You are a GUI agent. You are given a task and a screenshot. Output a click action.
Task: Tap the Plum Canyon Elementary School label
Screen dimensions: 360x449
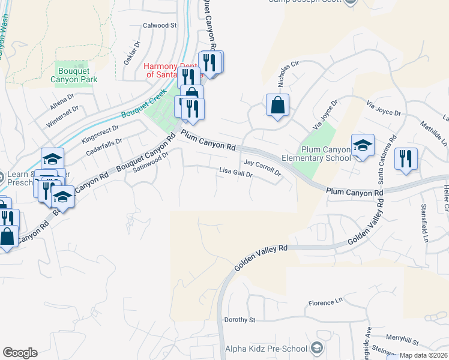[x=326, y=154]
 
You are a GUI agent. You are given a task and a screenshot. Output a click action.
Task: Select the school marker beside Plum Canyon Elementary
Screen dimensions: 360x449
[x=363, y=146]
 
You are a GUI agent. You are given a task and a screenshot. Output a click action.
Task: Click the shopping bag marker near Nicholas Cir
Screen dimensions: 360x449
[x=277, y=106]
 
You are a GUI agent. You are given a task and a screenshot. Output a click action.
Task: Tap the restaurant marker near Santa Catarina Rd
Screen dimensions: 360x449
[x=406, y=160]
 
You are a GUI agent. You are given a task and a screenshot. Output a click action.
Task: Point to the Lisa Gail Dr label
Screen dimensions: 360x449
[x=236, y=173]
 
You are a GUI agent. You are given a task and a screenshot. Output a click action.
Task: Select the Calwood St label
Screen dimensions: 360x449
[x=160, y=26]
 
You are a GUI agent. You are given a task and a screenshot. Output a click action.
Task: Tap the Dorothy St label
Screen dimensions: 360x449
[x=240, y=320]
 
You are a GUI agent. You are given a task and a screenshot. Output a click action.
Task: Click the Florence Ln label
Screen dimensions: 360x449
[x=325, y=304]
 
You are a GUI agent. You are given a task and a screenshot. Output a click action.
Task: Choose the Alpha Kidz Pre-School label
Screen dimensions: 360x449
[x=265, y=349]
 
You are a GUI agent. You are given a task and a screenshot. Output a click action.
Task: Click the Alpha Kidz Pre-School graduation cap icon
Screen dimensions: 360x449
[x=316, y=349]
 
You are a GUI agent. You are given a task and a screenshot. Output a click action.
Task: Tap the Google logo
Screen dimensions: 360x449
[x=20, y=353]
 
